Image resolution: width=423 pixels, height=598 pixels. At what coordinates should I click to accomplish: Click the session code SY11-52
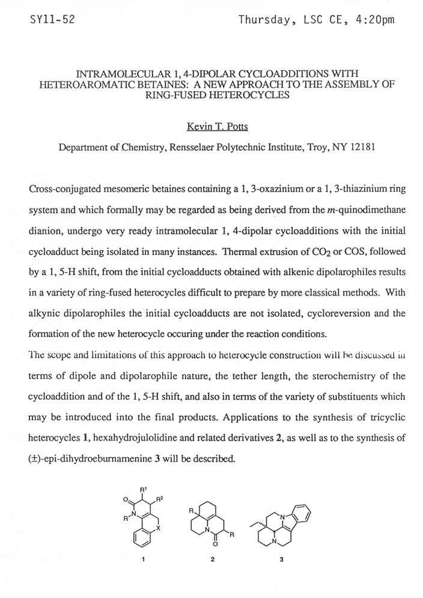coord(52,19)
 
